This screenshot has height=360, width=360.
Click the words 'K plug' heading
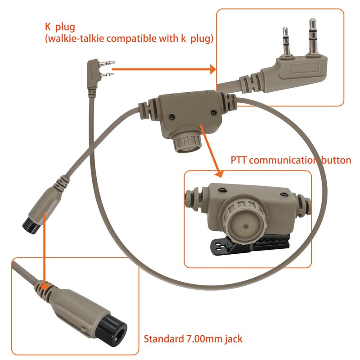tap(60, 27)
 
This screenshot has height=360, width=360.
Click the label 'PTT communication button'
tap(291, 160)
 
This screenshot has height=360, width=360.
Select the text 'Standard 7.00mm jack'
tap(193, 339)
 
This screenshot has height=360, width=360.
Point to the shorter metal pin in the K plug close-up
tap(286, 42)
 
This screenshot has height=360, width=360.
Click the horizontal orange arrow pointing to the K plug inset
tap(164, 69)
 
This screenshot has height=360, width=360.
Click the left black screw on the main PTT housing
tap(171, 117)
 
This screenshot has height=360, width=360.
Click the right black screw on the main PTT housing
tap(214, 112)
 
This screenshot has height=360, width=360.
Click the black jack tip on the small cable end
tap(31, 225)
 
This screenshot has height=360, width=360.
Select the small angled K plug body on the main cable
tap(93, 74)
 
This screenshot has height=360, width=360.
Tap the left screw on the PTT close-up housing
tap(222, 189)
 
